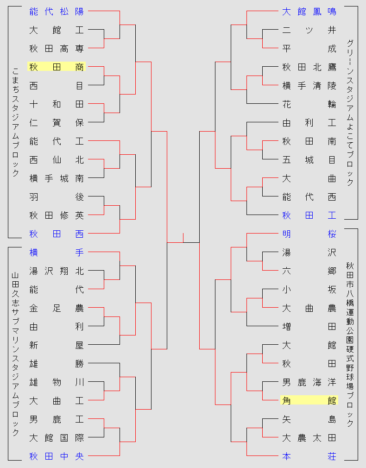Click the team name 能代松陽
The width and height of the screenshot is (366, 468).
coord(57,12)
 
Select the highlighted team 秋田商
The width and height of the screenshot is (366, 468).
coord(57,67)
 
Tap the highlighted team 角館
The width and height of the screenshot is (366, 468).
coord(309,400)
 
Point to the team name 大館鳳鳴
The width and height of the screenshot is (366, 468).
coord(309,12)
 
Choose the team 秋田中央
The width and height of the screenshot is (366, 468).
coord(57,456)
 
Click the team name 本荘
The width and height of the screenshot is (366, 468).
coord(309,456)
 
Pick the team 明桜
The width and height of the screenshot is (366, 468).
coord(309,234)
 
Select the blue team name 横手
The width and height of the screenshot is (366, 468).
coord(57,253)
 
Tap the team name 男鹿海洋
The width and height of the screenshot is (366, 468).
coord(309,382)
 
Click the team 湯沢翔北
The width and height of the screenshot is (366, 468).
coord(57,271)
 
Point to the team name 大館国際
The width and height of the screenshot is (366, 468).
coord(57,438)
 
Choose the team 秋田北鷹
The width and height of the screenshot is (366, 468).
coord(309,67)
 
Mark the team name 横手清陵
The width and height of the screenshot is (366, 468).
coord(309,86)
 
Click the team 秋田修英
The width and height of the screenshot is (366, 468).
coord(57,215)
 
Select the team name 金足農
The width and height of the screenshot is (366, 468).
coord(57,308)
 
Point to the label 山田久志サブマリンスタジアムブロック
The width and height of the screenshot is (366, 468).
coord(15,354)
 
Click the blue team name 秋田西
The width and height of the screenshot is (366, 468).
coord(57,234)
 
